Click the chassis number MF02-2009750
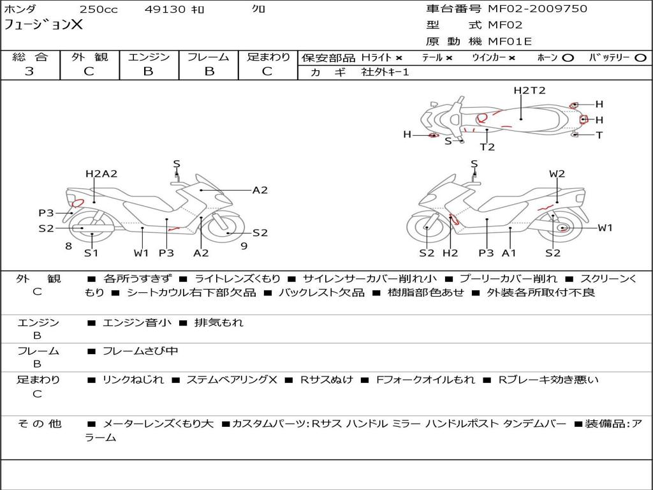(x=537, y=8)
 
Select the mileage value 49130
(x=165, y=9)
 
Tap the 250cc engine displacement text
(x=99, y=9)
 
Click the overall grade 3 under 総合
(x=29, y=71)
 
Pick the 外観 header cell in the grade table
(x=89, y=57)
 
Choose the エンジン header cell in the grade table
(x=149, y=57)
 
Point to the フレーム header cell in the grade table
(x=209, y=57)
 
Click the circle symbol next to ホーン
(x=568, y=58)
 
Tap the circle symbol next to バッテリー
(x=640, y=58)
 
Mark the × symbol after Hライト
(x=399, y=58)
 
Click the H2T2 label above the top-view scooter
(x=529, y=91)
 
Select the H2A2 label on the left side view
(x=101, y=174)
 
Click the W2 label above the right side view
(x=557, y=174)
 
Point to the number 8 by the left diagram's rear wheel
(x=69, y=246)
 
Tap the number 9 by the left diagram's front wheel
(x=244, y=246)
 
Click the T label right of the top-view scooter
(x=599, y=135)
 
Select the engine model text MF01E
(x=510, y=41)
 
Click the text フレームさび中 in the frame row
(x=140, y=352)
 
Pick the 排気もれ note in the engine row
(x=219, y=322)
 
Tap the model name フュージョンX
(x=43, y=25)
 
